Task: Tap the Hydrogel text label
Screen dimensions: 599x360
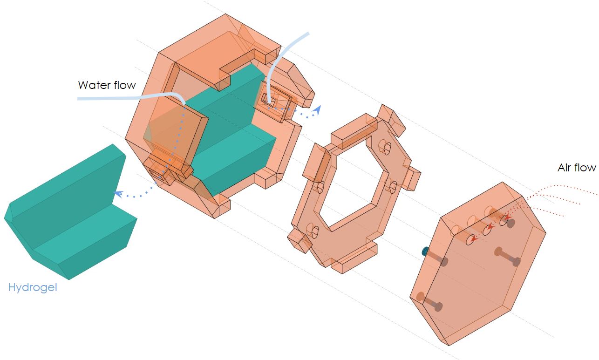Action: coord(33,288)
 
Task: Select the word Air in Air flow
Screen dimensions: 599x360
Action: coord(564,168)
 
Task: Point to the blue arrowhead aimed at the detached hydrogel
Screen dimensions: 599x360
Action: coord(118,193)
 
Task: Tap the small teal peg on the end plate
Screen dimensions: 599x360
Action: coord(425,251)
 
